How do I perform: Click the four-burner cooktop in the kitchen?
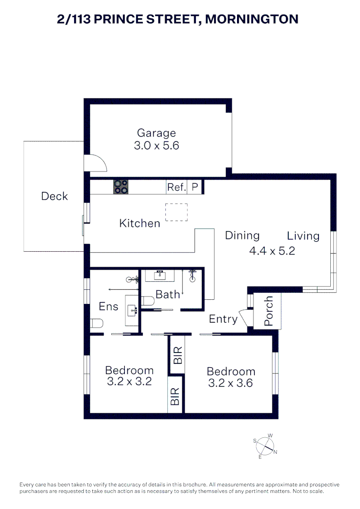(120, 187)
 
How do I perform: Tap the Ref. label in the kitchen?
(176, 187)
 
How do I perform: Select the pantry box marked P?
(195, 187)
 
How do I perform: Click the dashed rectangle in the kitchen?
(176, 212)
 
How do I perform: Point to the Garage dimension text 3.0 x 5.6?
(156, 146)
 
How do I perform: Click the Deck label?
(54, 196)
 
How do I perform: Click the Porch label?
(269, 311)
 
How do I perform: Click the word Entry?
(223, 319)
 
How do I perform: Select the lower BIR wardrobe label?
(175, 397)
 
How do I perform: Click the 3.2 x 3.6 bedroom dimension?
(230, 383)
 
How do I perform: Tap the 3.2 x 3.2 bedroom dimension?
(129, 382)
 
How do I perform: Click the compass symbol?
(266, 445)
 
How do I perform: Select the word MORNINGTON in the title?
(253, 19)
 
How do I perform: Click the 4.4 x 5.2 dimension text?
(272, 251)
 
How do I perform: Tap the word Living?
(303, 236)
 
